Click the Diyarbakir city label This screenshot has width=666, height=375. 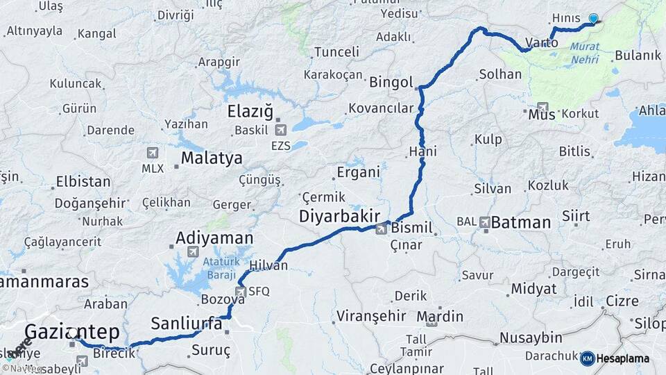pyautogui.click(x=339, y=216)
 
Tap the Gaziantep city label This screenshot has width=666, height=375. pyautogui.click(x=72, y=331)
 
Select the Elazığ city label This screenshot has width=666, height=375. pyautogui.click(x=251, y=111)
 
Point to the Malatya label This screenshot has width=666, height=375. pyautogui.click(x=212, y=158)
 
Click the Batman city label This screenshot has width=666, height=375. pyautogui.click(x=521, y=222)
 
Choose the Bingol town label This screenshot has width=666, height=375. pyautogui.click(x=391, y=81)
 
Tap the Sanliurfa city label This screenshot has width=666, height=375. pyautogui.click(x=187, y=324)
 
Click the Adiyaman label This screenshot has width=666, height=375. pyautogui.click(x=214, y=238)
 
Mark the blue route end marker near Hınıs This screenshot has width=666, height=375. pyautogui.click(x=593, y=19)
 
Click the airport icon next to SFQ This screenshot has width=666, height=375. pyautogui.click(x=241, y=292)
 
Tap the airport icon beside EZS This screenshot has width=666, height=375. pyautogui.click(x=281, y=129)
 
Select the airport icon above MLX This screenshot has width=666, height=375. pyautogui.click(x=153, y=153)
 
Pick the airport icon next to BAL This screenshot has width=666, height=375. pyautogui.click(x=484, y=222)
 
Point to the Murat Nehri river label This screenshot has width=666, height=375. pyautogui.click(x=585, y=54)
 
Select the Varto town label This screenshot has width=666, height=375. pyautogui.click(x=541, y=43)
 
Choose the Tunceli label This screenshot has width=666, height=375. pyautogui.click(x=336, y=52)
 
